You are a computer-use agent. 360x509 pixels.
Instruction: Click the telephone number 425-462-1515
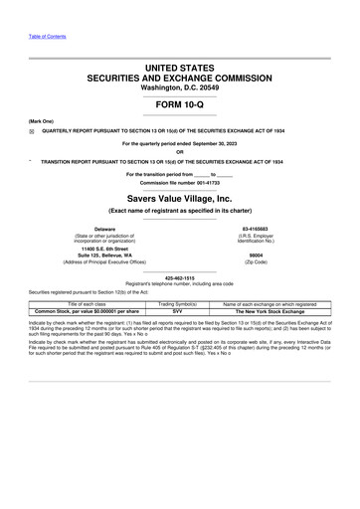click(x=180, y=277)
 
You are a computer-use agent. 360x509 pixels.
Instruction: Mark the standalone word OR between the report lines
click(x=180, y=151)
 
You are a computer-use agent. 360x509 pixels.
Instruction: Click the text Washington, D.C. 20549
click(x=180, y=87)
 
